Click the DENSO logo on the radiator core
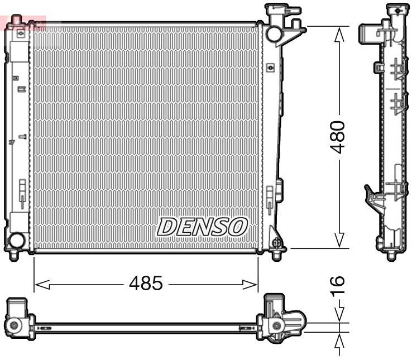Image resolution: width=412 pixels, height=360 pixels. [x=202, y=226]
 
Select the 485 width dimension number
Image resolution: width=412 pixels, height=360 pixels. [x=146, y=284]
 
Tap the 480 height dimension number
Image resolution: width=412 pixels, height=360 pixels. [x=338, y=137]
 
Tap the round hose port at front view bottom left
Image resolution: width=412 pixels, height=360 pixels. [x=16, y=241]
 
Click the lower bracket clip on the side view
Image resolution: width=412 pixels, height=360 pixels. [x=372, y=198]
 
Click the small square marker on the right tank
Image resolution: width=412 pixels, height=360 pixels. [x=271, y=68]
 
